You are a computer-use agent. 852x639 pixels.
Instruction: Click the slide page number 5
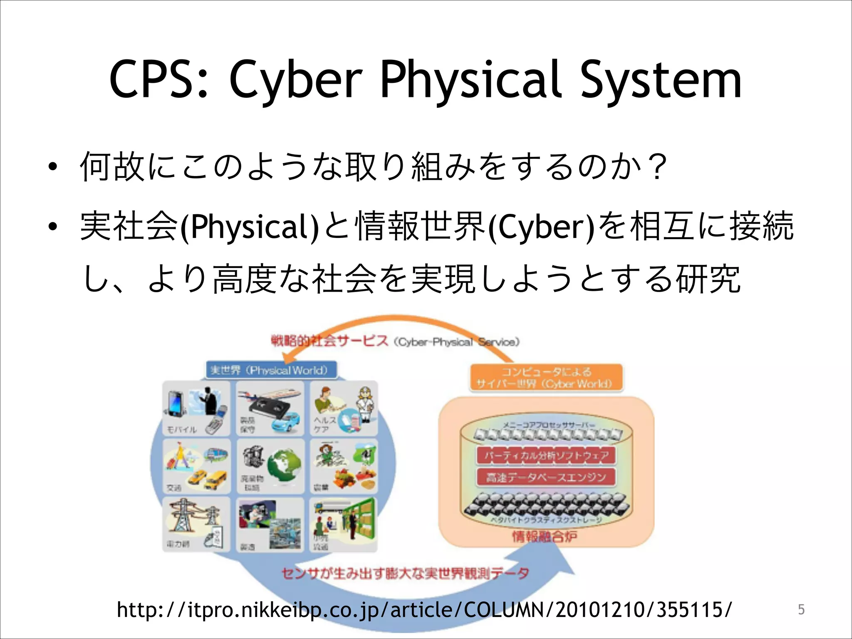(801, 609)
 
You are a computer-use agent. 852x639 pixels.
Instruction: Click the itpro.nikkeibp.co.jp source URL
(424, 610)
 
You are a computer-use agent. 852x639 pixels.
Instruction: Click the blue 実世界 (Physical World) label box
(270, 370)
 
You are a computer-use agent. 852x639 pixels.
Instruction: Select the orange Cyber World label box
(545, 377)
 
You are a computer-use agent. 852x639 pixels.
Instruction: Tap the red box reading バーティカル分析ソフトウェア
(546, 455)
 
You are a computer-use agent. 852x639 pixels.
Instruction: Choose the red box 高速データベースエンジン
(546, 477)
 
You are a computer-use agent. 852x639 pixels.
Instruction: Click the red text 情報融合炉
(544, 537)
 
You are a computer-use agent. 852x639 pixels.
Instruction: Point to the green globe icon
(285, 466)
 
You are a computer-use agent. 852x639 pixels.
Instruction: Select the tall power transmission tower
(182, 516)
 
